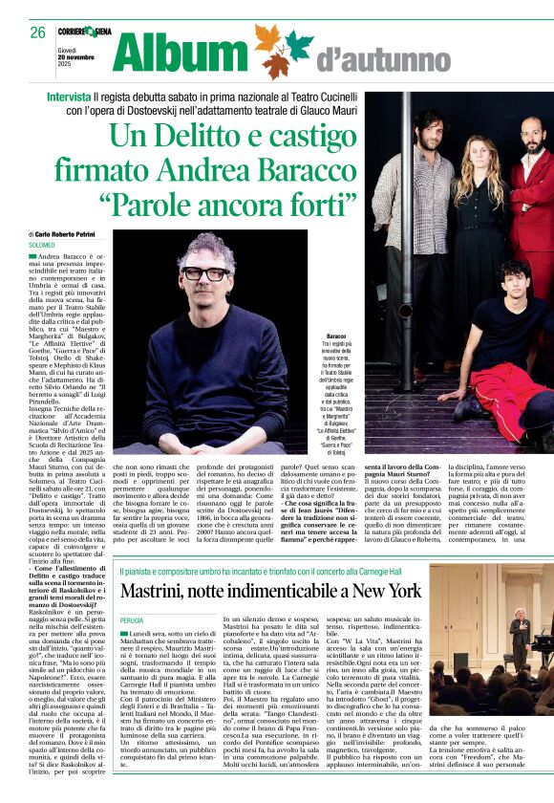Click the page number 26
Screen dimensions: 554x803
coord(38,32)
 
